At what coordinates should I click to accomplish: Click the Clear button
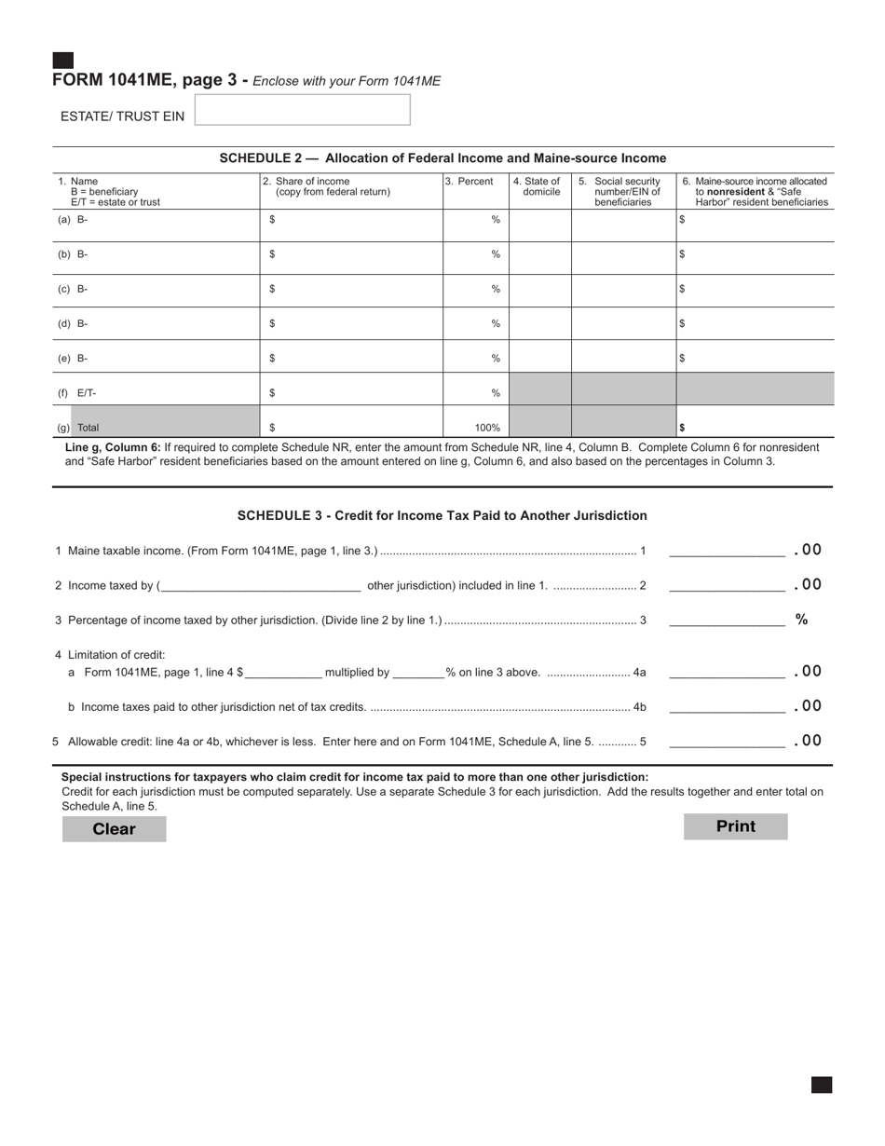(x=114, y=829)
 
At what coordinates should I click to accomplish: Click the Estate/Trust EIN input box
(x=302, y=110)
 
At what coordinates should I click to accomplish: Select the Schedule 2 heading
(x=442, y=158)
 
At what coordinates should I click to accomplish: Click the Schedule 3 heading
(x=442, y=515)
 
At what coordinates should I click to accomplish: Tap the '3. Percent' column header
(x=470, y=182)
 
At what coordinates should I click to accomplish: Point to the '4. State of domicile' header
(x=539, y=187)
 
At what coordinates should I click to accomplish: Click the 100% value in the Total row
(x=486, y=428)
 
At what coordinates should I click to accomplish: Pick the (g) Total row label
(x=78, y=428)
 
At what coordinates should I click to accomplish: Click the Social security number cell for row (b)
(x=623, y=254)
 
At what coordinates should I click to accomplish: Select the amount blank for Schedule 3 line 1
(x=727, y=551)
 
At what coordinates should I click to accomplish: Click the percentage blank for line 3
(x=727, y=621)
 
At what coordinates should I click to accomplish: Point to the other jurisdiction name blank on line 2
(x=261, y=585)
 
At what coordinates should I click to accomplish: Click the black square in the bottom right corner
(x=821, y=1085)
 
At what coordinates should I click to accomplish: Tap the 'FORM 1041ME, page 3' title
(x=144, y=80)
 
